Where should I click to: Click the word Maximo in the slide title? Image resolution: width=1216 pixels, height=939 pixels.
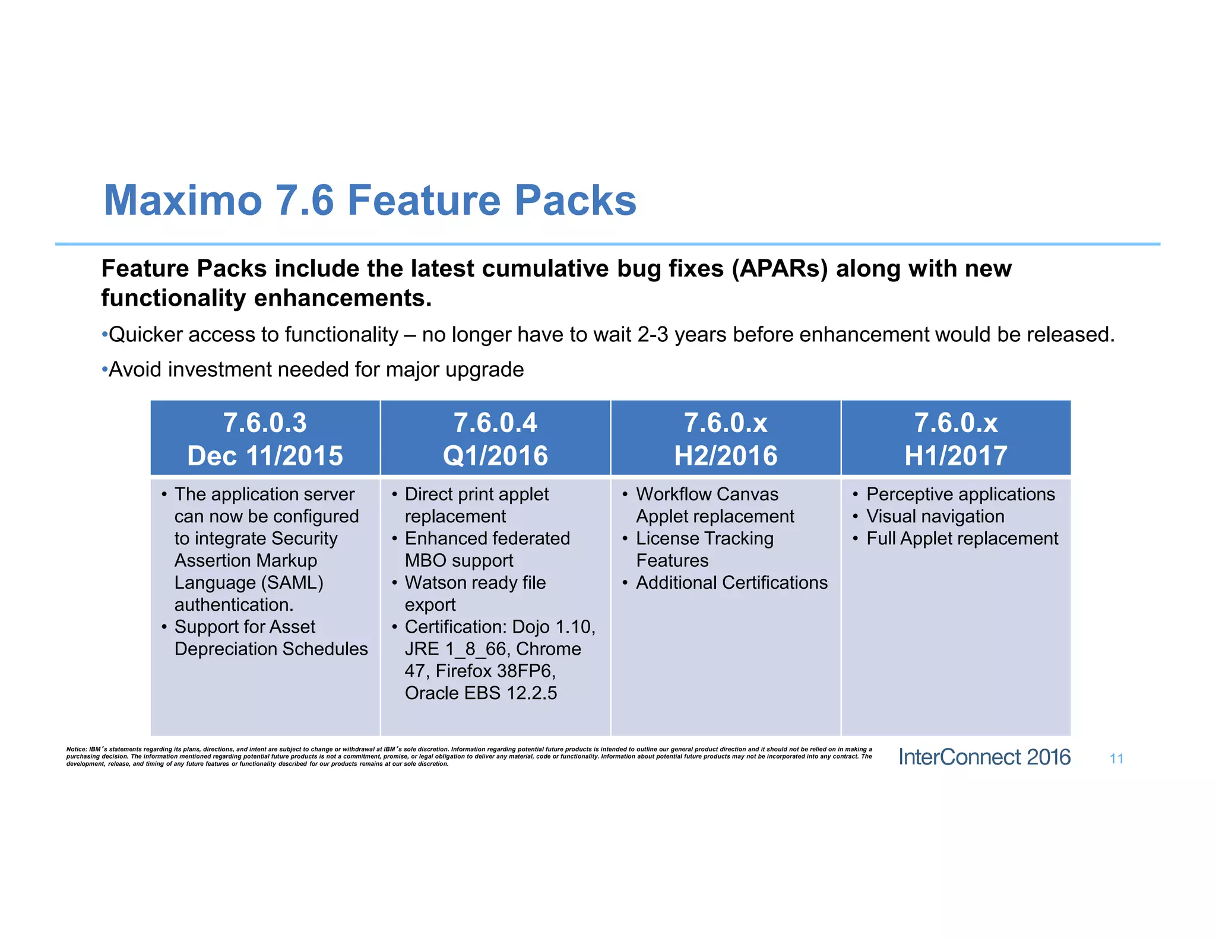pos(183,201)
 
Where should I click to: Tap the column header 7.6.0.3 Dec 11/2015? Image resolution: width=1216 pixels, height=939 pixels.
pos(265,439)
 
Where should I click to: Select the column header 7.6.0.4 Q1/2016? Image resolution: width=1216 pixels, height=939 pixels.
pos(495,439)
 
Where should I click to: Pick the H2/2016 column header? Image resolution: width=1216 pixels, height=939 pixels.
pos(726,439)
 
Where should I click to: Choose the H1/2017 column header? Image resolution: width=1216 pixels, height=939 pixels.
pos(956,439)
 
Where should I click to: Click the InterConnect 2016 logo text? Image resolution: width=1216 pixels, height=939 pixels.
pos(984,757)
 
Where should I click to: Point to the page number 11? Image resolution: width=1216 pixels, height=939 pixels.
pos(1116,759)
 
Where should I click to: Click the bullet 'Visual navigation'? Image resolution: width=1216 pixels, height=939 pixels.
pos(935,516)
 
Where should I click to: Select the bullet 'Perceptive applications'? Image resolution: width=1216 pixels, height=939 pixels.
pos(960,494)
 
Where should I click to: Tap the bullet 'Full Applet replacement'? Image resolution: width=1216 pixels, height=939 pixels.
pos(962,538)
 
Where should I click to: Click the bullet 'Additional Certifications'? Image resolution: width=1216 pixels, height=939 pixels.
pos(731,583)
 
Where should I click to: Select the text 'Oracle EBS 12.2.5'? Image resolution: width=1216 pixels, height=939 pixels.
pos(481,693)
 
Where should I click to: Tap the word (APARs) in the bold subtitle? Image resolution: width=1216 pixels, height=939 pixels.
pos(779,269)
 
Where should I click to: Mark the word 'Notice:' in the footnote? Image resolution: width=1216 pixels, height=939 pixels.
pos(77,750)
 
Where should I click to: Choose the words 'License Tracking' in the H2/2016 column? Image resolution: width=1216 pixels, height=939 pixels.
pos(705,538)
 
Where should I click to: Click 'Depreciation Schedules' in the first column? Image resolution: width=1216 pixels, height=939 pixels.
pos(271,649)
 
